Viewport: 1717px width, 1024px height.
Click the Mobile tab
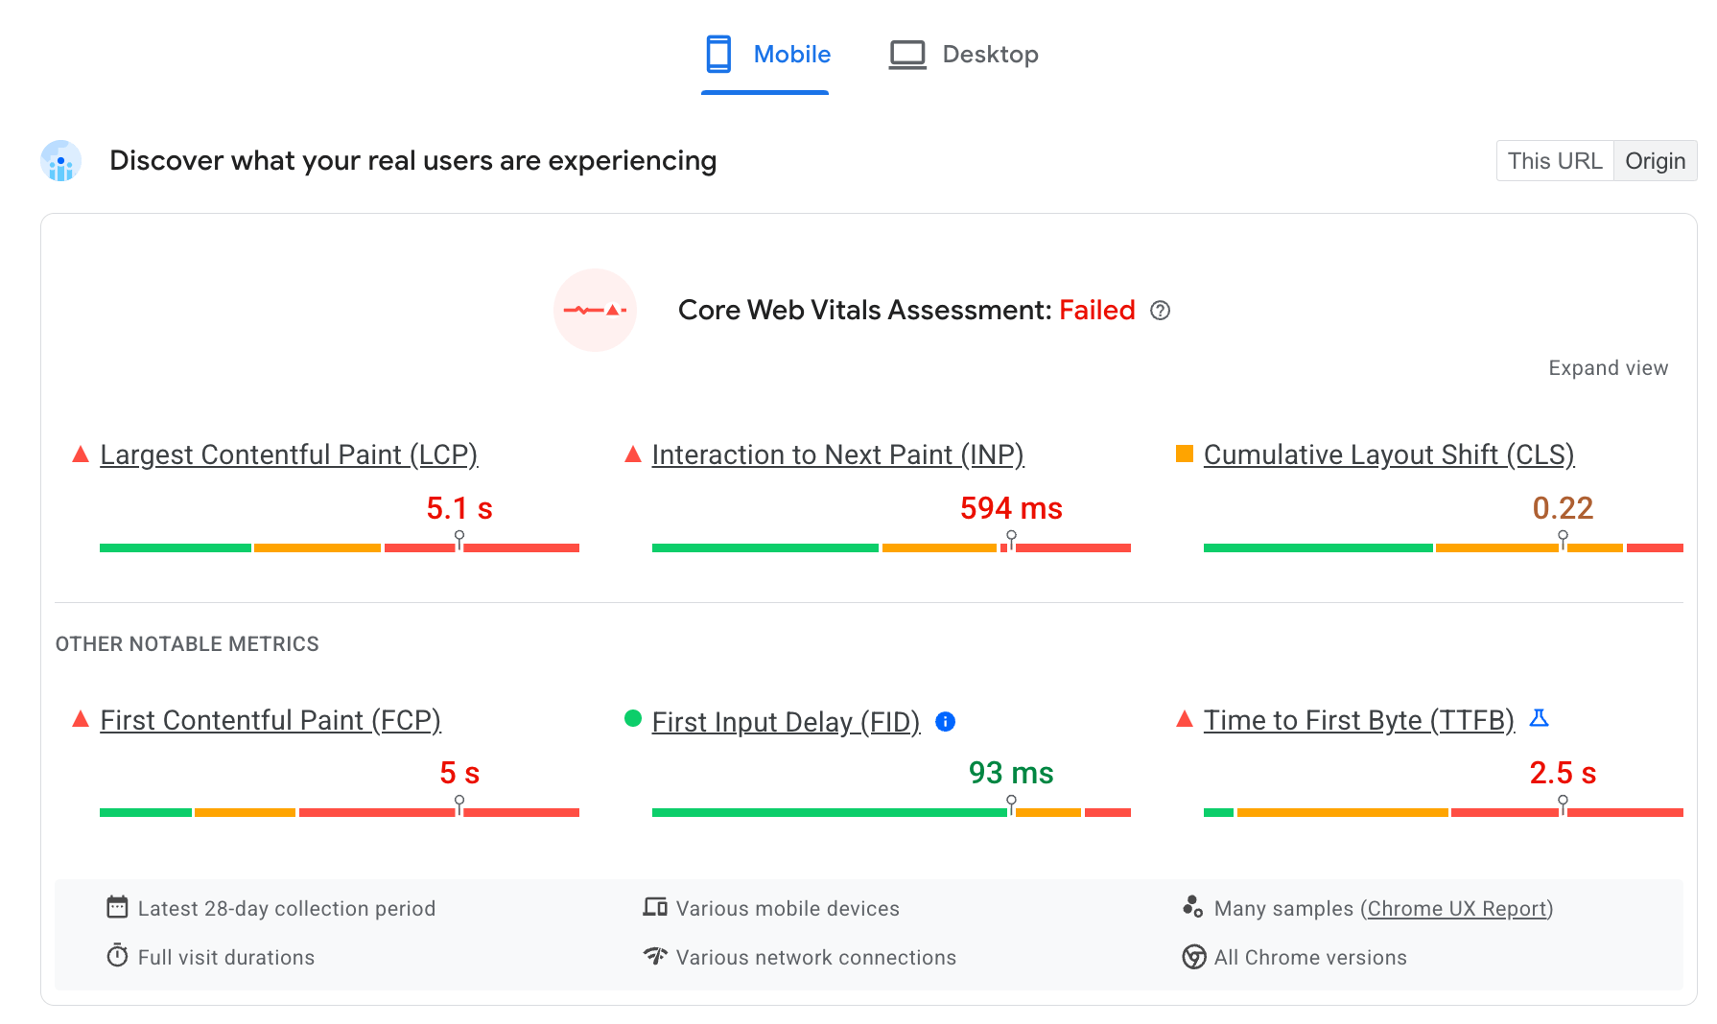coord(766,55)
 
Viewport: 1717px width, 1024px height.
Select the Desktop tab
coord(964,55)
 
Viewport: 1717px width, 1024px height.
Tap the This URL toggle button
coord(1554,161)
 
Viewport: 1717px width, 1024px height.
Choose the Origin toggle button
coord(1655,161)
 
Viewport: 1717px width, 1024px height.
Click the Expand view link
coord(1608,368)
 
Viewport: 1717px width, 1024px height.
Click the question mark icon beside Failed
coord(1160,311)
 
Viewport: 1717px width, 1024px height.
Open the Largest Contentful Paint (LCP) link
coord(289,454)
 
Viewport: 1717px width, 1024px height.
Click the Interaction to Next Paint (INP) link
coord(837,454)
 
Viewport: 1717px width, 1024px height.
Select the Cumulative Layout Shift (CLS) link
coord(1388,454)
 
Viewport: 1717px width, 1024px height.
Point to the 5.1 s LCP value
coord(459,508)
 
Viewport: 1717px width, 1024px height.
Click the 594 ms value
coord(1011,508)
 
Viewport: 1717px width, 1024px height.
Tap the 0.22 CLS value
coord(1563,508)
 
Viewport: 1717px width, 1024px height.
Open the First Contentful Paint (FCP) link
coord(270,720)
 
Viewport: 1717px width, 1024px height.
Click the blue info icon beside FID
coord(945,722)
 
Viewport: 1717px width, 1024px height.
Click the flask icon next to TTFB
coord(1539,718)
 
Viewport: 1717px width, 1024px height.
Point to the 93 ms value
coord(1011,773)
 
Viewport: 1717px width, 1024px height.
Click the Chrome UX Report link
coord(1457,908)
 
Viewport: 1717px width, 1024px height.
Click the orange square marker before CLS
coord(1185,454)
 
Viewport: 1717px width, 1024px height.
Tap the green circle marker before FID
coord(633,718)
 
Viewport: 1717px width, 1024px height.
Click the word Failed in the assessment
coord(1096,311)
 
